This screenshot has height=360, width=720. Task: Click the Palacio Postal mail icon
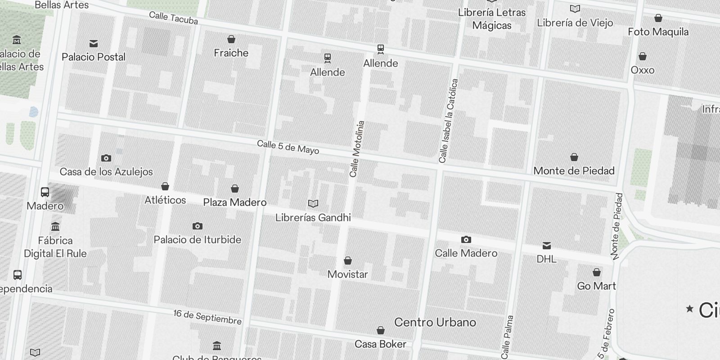pos(94,44)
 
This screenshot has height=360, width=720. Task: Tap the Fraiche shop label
pos(231,53)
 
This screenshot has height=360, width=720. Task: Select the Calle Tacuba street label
pos(173,18)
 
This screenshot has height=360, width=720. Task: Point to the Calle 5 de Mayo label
pos(288,147)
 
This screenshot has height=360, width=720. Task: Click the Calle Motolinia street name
pos(357,148)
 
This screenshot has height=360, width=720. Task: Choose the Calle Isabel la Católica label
pos(449,121)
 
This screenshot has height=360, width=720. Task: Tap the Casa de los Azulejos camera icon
pos(106,158)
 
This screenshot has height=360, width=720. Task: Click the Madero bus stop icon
pos(45,192)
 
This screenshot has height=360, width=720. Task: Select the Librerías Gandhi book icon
pos(313,204)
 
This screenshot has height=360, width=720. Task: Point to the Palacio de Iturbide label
pos(198,239)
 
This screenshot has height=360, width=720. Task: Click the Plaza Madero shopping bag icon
pos(234,189)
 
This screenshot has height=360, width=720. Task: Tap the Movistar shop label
pos(347,274)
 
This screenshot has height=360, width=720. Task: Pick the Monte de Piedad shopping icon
pos(574,157)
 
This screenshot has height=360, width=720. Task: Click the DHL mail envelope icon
pos(547,245)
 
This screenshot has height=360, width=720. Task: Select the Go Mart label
pos(597,286)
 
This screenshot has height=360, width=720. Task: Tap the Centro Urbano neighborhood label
pos(435,322)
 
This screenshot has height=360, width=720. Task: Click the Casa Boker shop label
pos(380,344)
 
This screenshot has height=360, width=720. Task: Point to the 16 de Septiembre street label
pos(207,317)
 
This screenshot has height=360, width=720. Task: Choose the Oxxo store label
pos(643,70)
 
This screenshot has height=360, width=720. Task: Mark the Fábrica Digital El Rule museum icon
pos(55,226)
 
